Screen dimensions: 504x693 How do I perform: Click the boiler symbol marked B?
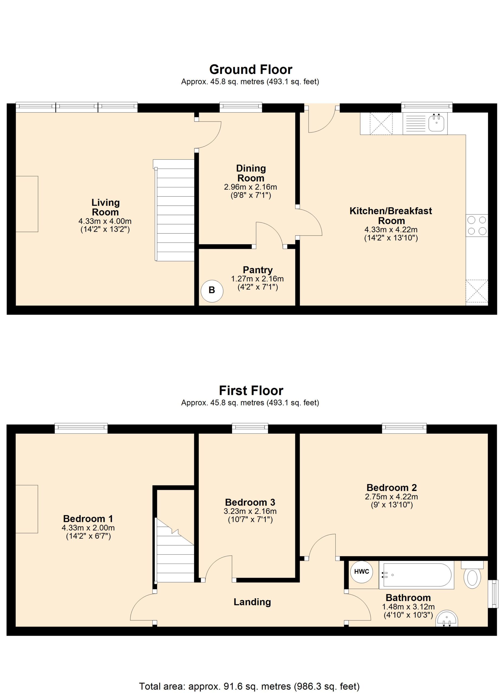point(212,290)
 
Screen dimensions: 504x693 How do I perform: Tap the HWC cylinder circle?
point(362,572)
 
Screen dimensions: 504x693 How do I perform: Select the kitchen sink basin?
point(437,123)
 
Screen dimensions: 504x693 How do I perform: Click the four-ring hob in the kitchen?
point(477,225)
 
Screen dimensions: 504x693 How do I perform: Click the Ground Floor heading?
point(251,70)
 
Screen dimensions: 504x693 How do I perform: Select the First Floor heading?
point(251,391)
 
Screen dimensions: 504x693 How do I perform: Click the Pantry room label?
point(258,270)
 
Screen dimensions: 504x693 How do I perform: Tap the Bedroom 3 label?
point(250,502)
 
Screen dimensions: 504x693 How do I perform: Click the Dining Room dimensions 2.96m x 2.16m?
point(250,187)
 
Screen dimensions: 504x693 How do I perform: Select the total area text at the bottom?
point(249,684)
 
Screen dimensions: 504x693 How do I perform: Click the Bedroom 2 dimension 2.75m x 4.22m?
point(392,497)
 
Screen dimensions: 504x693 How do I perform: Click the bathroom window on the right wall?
point(492,594)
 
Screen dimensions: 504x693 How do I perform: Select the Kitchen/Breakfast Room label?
point(391,216)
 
